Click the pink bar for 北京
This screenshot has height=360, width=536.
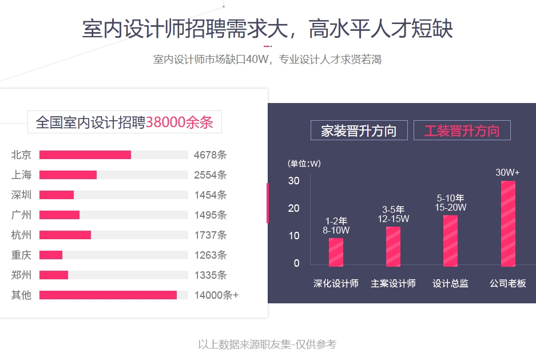point(85,155)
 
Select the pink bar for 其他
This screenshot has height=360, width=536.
point(108,295)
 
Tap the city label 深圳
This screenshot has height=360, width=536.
point(21,195)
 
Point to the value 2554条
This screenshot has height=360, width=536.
point(211,175)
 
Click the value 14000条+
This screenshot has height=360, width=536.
point(216,295)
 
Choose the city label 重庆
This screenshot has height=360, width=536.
point(21,255)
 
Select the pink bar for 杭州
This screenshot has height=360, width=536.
point(65,235)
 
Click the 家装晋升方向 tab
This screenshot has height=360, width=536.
point(359,130)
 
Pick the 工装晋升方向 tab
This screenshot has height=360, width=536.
point(462,130)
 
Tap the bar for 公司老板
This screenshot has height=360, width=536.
point(508,224)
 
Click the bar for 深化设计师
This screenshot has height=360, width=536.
point(336,252)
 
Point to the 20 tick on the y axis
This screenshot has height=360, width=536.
point(293,208)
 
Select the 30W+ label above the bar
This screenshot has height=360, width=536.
point(507,172)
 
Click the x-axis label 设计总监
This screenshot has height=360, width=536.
point(450,283)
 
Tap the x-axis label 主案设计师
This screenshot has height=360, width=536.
point(393,283)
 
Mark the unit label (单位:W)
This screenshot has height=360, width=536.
point(304,164)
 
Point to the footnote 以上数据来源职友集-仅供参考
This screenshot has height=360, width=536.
point(267,344)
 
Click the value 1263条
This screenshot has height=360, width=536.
point(211,255)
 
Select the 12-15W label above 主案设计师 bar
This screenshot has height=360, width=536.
point(393,219)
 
